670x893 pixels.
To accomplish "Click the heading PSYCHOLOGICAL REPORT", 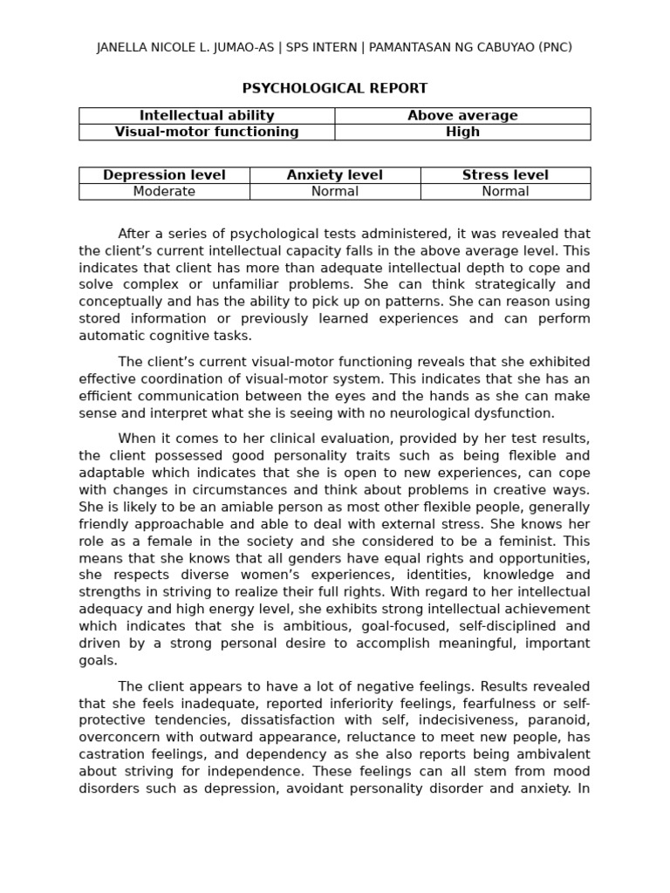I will [x=334, y=88].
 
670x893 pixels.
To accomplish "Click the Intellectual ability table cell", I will [x=207, y=115].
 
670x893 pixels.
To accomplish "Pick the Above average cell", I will [x=462, y=115].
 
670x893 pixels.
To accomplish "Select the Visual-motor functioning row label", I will [x=207, y=132].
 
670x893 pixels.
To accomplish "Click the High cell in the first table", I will [x=462, y=132].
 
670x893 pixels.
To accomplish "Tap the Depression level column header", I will [x=164, y=175].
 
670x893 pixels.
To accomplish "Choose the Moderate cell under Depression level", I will [x=164, y=192].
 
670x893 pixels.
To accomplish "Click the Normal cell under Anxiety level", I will [x=335, y=192].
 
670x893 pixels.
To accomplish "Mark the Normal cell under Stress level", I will [x=505, y=192].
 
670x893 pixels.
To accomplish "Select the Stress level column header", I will [x=505, y=175].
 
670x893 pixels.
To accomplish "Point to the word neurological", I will [x=439, y=413].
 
